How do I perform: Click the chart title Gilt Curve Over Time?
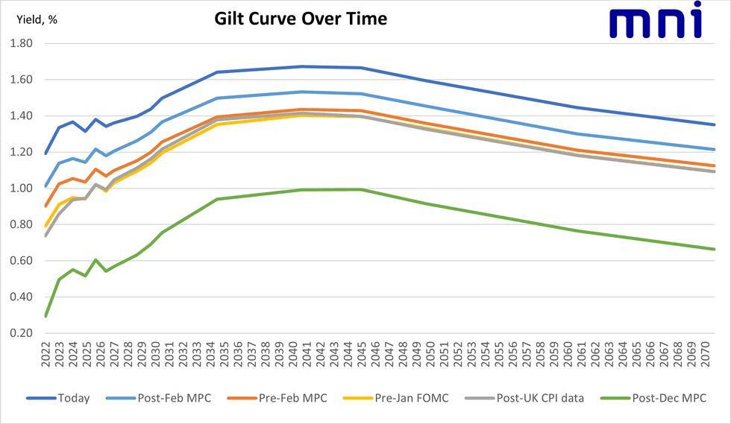coord(297,19)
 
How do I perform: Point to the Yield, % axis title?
coord(37,19)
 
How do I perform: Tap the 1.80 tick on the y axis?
coord(20,43)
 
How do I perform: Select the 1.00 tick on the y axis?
coord(20,189)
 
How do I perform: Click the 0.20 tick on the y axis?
coord(20,333)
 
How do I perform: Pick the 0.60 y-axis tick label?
coord(20,261)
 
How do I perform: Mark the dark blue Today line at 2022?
coord(46,154)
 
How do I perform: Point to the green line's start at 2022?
coord(46,316)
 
